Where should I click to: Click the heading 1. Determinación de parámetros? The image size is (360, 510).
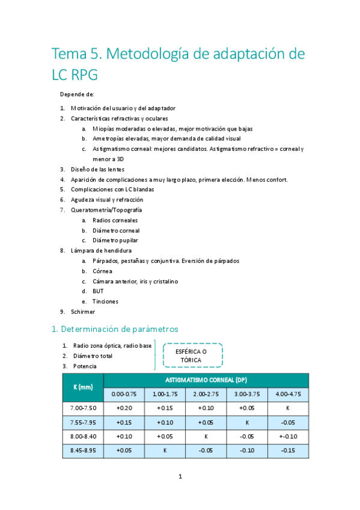[x=114, y=329]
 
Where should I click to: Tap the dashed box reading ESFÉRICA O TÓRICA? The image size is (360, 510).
[x=191, y=355]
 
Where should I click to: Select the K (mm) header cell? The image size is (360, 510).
[x=83, y=387]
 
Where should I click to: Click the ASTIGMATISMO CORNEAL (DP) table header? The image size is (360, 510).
[x=206, y=380]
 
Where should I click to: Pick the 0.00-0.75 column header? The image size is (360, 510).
[x=124, y=395]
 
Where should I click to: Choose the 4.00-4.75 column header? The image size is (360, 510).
[x=288, y=395]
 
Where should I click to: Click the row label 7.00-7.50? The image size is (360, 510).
[x=83, y=408]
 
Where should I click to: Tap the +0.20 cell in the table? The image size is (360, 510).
[x=124, y=408]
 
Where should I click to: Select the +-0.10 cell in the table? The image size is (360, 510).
[x=288, y=437]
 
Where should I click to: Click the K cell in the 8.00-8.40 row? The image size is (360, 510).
[x=206, y=437]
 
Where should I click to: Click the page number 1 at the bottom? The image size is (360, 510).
[x=180, y=477]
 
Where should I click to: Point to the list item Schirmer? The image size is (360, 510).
[x=83, y=312]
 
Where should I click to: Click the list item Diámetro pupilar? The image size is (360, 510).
[x=115, y=240]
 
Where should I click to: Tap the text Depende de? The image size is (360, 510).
[x=77, y=94]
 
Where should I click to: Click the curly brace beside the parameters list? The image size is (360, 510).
[x=155, y=355]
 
